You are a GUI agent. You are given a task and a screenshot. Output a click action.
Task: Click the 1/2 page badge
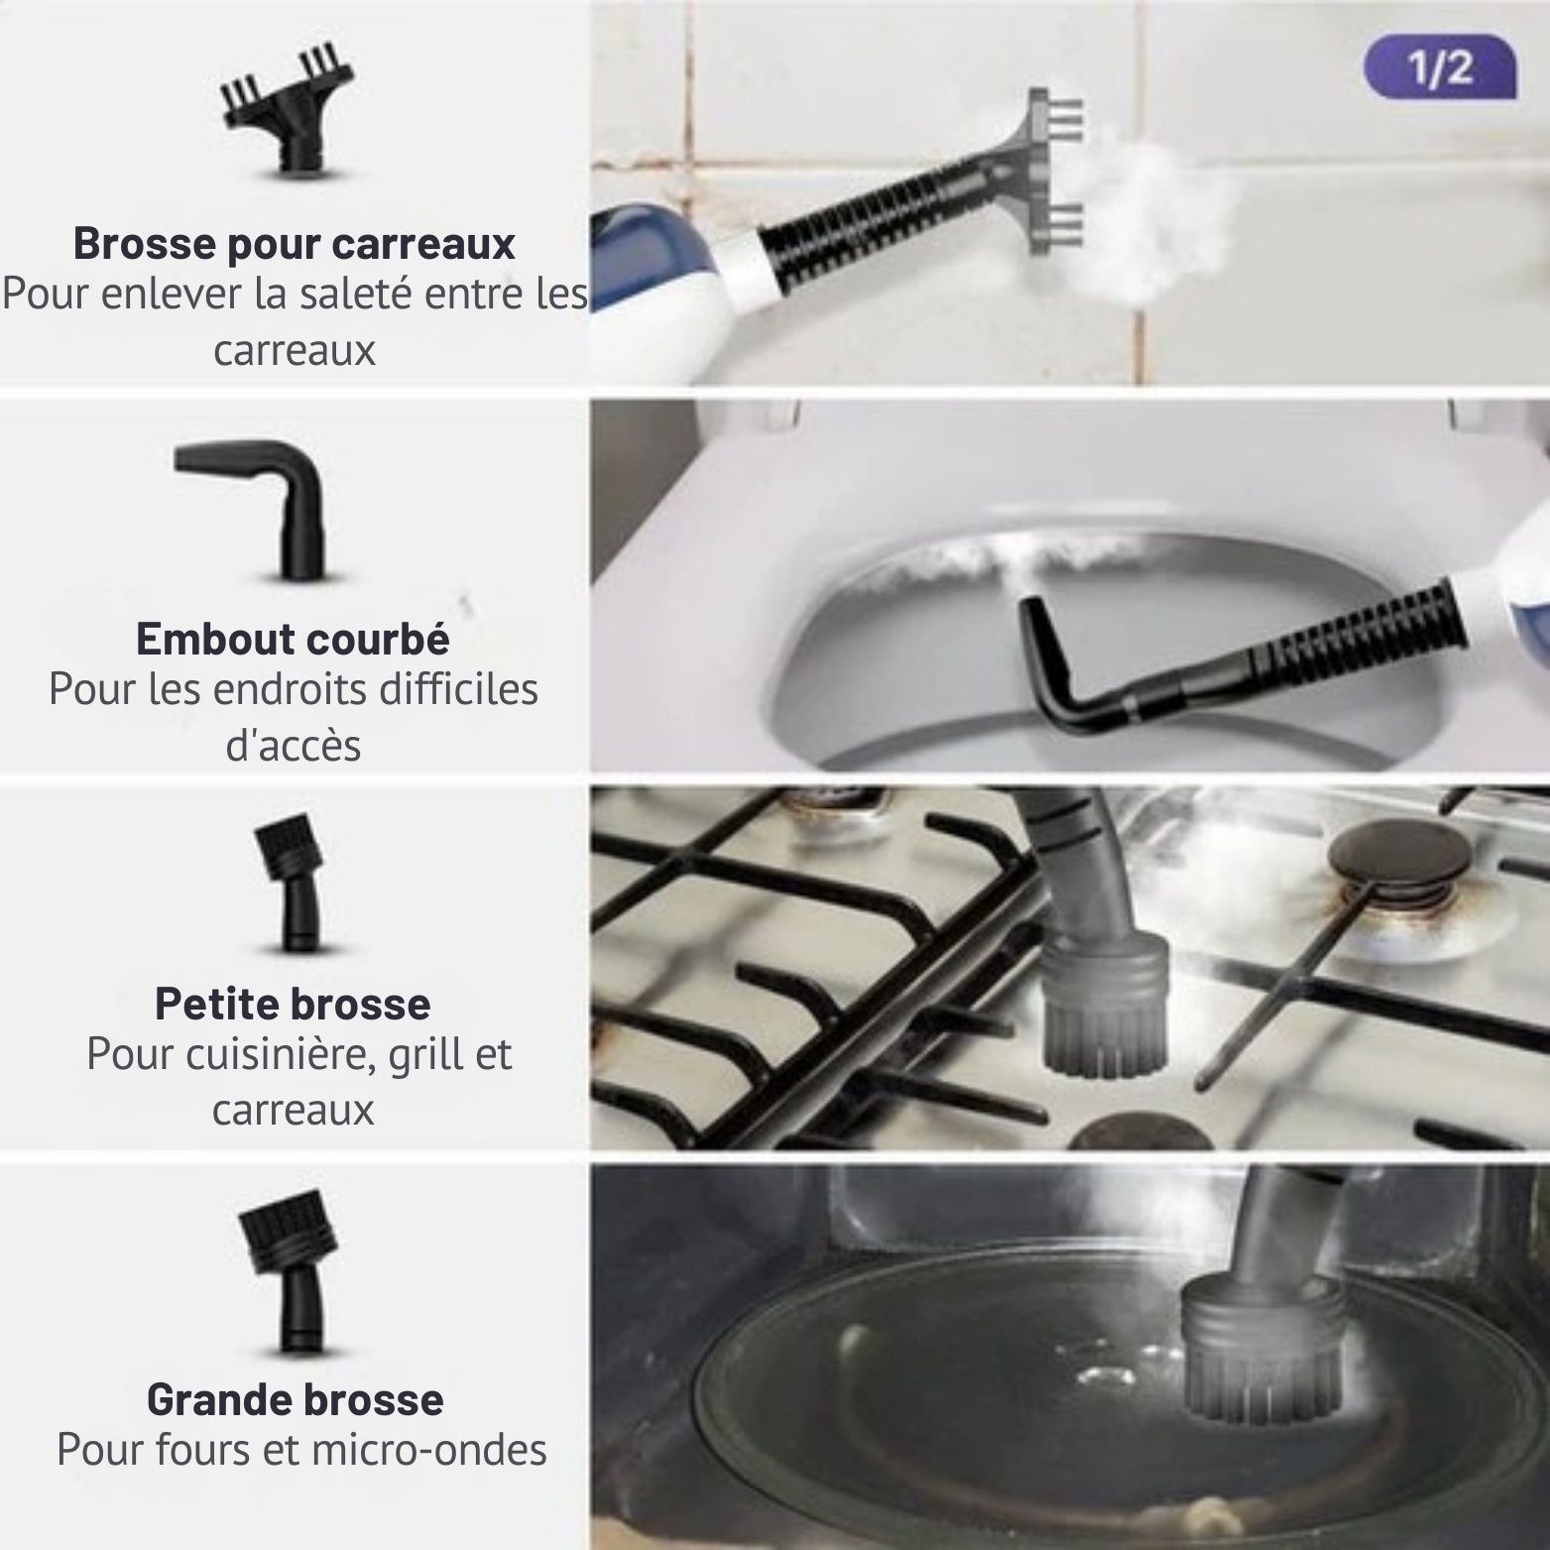point(1440,68)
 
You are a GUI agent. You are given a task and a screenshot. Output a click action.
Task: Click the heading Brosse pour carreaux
point(295,244)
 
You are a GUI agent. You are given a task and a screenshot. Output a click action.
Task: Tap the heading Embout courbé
point(293,639)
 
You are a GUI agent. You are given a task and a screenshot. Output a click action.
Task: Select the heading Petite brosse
point(293,1004)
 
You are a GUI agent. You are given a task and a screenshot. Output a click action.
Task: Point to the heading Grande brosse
point(295,1399)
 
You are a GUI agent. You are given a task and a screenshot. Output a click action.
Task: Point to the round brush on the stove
point(1103,1002)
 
